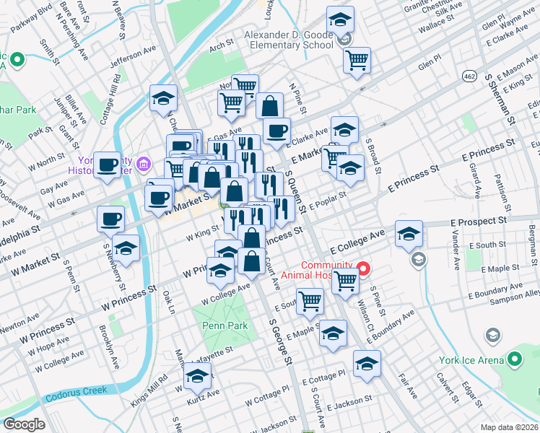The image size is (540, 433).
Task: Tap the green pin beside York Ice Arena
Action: pos(514,359)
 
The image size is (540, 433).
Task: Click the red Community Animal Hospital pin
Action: pos(364,270)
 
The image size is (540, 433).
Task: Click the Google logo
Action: pos(24,424)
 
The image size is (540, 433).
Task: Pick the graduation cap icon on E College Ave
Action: pos(409,234)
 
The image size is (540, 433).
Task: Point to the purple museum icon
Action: pos(143,165)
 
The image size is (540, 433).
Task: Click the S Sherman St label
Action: pos(502,94)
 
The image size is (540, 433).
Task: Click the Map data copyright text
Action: pos(508,427)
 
